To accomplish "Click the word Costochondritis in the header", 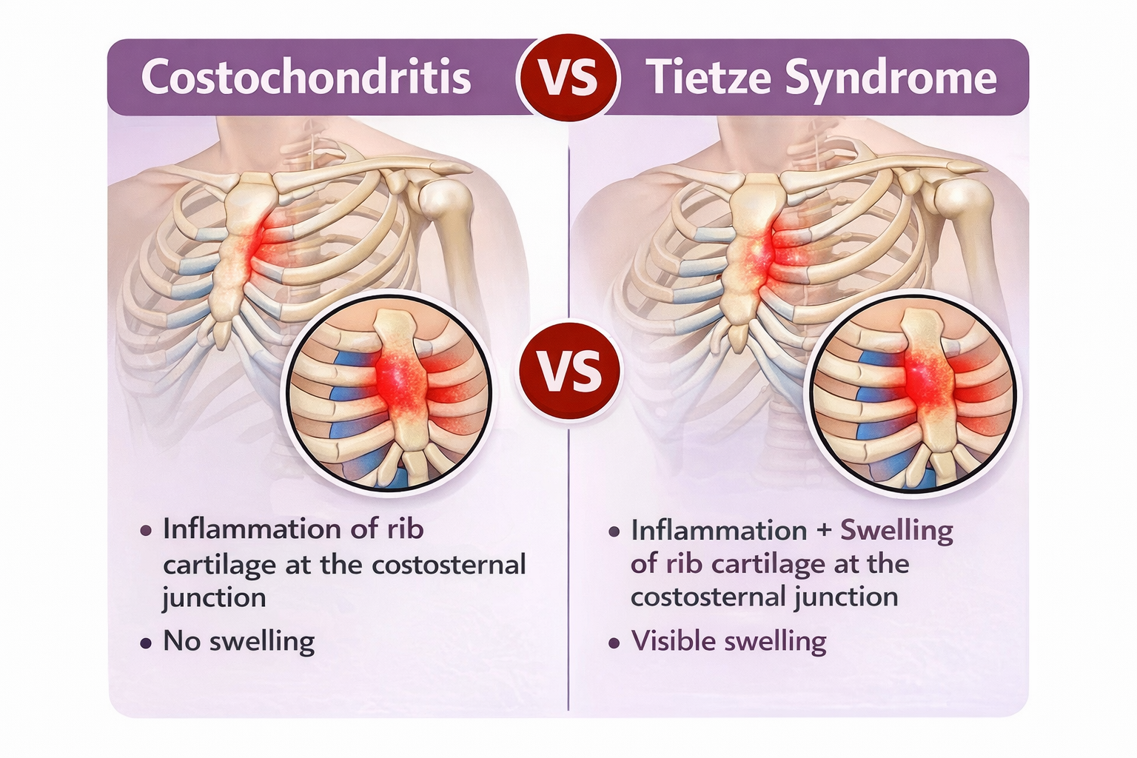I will click(x=306, y=77).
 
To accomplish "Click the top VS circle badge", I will click(x=568, y=77).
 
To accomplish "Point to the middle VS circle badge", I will click(x=569, y=371).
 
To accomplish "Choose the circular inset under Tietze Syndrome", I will click(x=915, y=392).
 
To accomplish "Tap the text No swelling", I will click(x=238, y=641).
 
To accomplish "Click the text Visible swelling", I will click(x=728, y=641).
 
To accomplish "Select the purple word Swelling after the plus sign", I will click(x=896, y=531).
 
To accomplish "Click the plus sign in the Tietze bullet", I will click(x=823, y=531).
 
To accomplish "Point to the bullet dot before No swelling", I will click(x=146, y=643).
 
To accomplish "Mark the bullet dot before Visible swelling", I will click(x=614, y=643).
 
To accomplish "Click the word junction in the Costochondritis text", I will click(x=214, y=598).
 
